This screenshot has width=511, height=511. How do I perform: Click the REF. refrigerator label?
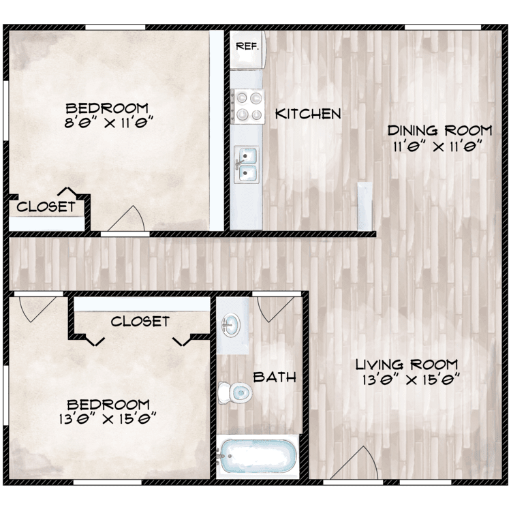[247, 46]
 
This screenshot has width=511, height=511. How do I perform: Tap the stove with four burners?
[247, 106]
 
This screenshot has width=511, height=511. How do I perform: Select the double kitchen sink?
[247, 165]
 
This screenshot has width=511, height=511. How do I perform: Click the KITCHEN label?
[308, 114]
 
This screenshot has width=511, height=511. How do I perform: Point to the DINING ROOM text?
[439, 131]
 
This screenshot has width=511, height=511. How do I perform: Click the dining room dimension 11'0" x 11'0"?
[437, 147]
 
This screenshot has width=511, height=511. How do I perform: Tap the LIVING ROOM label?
[407, 365]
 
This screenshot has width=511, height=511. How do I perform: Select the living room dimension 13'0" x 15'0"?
[411, 380]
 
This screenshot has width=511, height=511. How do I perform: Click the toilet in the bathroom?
[235, 392]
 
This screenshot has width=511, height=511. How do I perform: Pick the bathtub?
[258, 456]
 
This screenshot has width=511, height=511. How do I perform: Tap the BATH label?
[275, 377]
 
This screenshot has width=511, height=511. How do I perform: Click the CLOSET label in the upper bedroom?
[46, 206]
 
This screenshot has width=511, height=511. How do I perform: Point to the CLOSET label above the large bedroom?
[140, 322]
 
